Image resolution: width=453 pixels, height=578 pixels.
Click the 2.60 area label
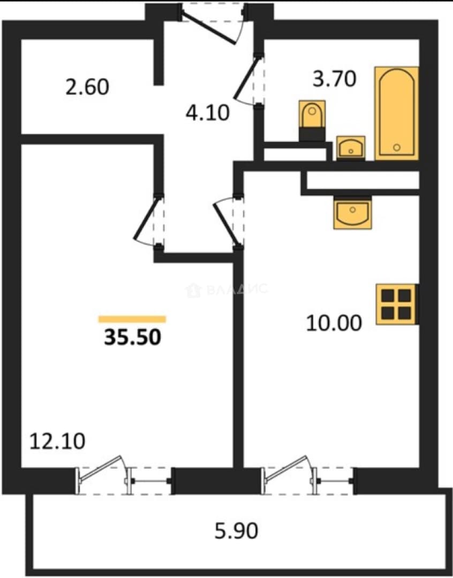[87, 87]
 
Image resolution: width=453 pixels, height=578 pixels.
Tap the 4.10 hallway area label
[208, 112]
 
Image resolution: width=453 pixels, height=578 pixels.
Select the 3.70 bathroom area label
[335, 79]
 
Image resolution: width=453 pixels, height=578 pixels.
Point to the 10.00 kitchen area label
[334, 323]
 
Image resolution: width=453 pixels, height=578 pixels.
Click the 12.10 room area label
[57, 441]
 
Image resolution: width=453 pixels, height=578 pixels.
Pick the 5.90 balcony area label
[237, 531]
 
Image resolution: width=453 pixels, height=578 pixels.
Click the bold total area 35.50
[132, 337]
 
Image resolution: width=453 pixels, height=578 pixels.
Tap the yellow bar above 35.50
[132, 319]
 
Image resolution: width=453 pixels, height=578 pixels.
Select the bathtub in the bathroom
[397, 113]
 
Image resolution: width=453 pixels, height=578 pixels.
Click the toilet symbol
[312, 120]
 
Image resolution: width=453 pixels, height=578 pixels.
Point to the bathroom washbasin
[351, 148]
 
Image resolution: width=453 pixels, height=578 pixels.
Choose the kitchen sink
[353, 212]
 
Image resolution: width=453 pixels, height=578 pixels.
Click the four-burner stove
[397, 304]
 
